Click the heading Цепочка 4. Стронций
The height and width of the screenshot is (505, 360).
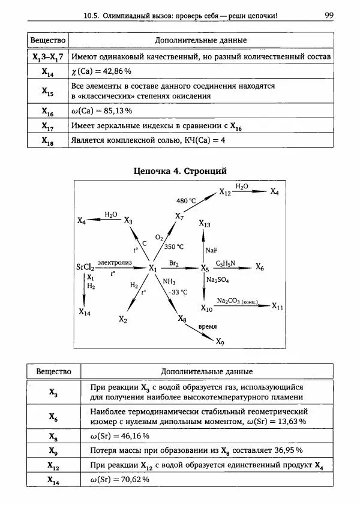click(x=179, y=171)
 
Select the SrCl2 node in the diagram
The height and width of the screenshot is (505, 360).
click(x=85, y=267)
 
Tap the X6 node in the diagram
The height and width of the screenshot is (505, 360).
click(x=259, y=267)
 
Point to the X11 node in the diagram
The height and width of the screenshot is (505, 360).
click(x=277, y=306)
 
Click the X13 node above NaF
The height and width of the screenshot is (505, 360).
click(x=205, y=224)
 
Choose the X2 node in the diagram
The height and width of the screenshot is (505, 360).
click(x=122, y=319)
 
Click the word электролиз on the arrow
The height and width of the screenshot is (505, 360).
click(x=114, y=263)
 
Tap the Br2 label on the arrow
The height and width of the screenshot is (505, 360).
click(x=174, y=263)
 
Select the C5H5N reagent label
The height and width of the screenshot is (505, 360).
click(x=227, y=263)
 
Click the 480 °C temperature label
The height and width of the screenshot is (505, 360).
click(x=187, y=200)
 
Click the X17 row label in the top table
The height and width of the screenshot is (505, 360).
click(x=48, y=127)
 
